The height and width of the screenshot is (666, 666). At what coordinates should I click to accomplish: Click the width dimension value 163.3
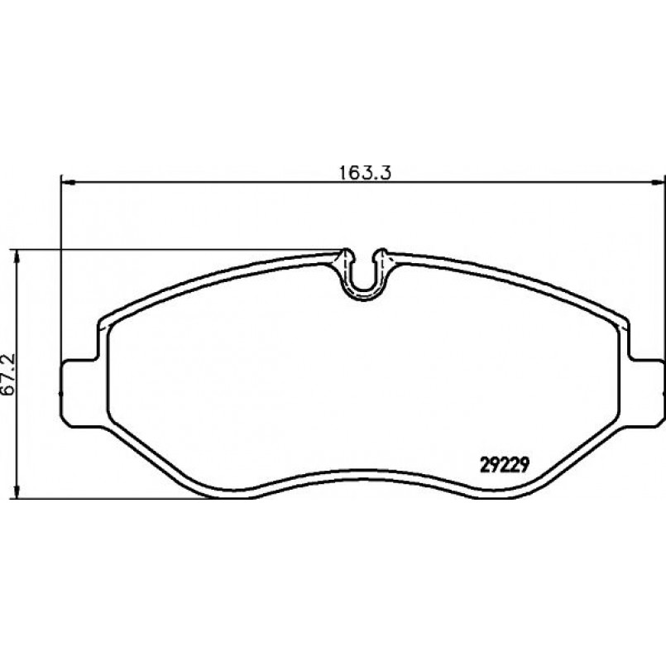coord(365,173)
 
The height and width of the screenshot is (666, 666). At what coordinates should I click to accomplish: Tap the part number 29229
coord(505,465)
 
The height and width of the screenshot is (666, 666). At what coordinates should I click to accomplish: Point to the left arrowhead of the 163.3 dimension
coord(68,183)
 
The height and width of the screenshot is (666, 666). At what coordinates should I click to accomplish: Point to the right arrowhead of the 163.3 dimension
coord(658,183)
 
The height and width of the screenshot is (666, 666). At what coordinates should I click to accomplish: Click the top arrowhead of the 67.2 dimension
coord(17,256)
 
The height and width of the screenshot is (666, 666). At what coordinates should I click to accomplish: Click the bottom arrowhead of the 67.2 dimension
coord(17,491)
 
